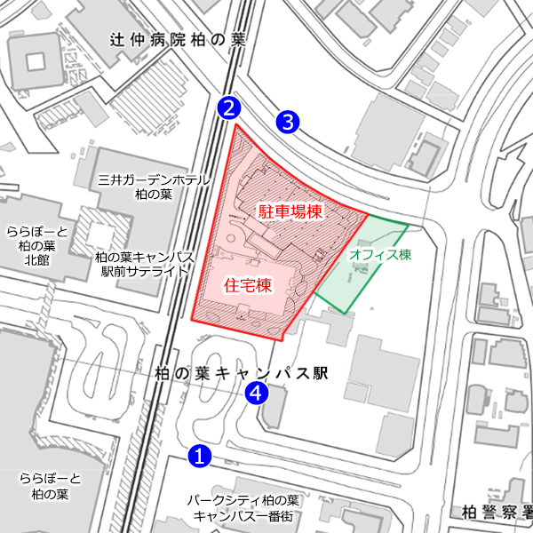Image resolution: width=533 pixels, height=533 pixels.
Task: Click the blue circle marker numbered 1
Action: [x=200, y=456]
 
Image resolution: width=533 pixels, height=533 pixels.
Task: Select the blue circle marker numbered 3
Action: [x=287, y=122]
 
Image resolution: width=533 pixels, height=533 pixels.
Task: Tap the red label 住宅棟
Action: [x=246, y=285]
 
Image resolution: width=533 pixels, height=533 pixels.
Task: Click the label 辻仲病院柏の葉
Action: [x=177, y=40]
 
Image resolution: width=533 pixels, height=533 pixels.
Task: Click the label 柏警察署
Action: [x=497, y=512]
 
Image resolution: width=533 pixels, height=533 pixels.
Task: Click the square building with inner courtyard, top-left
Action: [x=36, y=61]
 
